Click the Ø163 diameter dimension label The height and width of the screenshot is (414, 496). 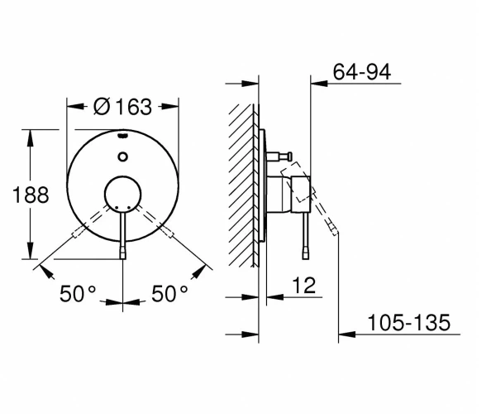(x=122, y=107)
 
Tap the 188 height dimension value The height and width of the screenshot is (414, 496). (x=31, y=195)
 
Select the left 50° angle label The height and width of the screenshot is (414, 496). (x=78, y=293)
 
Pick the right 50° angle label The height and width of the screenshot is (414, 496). (x=169, y=293)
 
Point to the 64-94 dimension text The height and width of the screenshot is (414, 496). (x=362, y=71)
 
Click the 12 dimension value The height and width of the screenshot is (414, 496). (x=303, y=285)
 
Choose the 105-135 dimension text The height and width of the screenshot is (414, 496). (x=408, y=322)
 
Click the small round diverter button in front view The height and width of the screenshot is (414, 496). (x=122, y=156)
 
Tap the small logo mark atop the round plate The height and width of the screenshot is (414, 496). (x=122, y=136)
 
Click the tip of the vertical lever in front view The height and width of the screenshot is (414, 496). (x=122, y=258)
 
